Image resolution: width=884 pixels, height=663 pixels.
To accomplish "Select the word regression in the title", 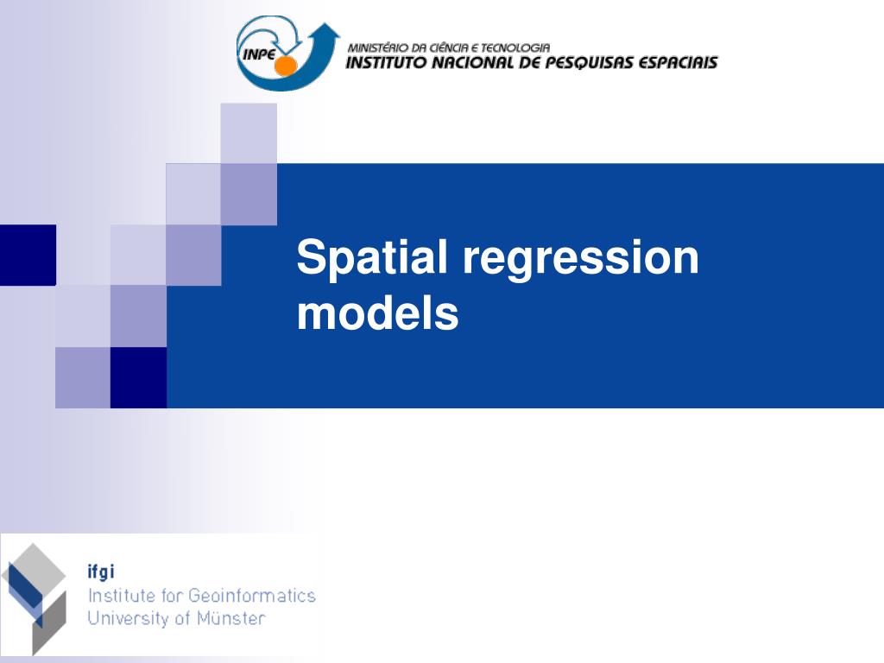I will [x=580, y=258].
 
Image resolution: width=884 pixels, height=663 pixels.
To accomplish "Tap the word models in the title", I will [x=377, y=313].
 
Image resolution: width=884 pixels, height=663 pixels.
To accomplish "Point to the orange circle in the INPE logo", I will [x=286, y=66].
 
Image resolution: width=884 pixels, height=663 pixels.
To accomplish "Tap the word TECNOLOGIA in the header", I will [x=516, y=47].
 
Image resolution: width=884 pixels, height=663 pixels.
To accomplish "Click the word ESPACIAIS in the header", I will [x=678, y=63].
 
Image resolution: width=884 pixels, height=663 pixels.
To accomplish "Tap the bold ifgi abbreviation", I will [x=101, y=572].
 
